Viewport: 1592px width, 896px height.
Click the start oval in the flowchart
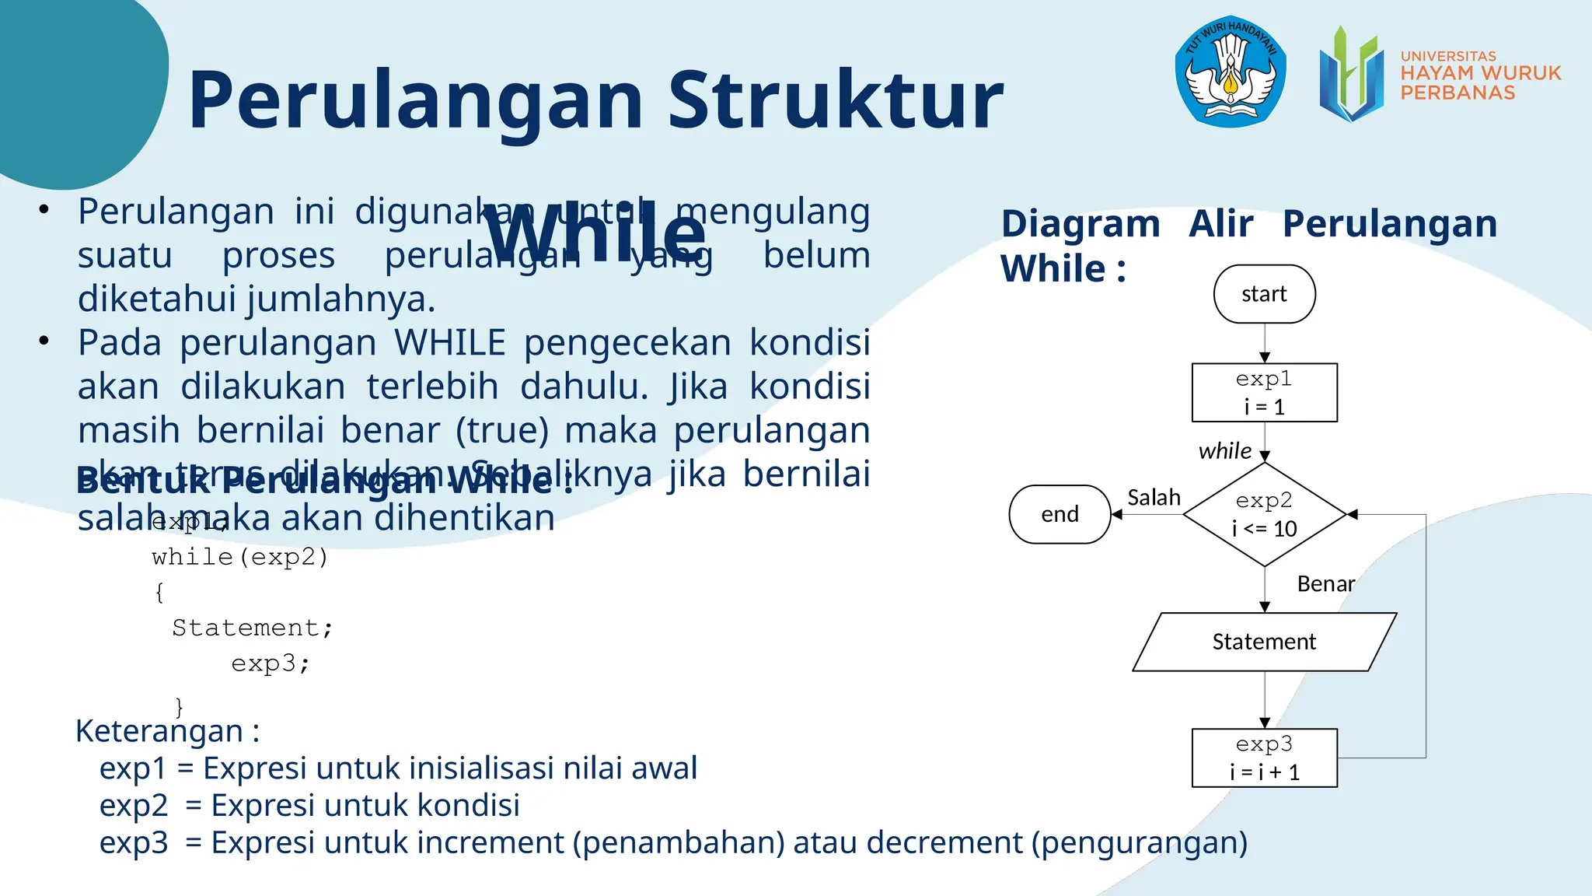click(x=1264, y=294)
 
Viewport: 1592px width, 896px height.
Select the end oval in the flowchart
click(x=1060, y=514)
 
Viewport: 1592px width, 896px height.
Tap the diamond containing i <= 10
click(x=1264, y=515)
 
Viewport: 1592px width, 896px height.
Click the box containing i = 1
click(x=1264, y=393)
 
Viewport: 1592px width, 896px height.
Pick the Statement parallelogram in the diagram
click(x=1264, y=642)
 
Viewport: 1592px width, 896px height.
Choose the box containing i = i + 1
click(x=1264, y=758)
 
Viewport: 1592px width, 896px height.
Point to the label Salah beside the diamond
click(x=1154, y=498)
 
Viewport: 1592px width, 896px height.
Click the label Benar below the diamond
click(x=1325, y=584)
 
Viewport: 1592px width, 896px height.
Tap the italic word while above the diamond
click(x=1224, y=451)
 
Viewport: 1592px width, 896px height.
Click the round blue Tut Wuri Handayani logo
click(x=1230, y=72)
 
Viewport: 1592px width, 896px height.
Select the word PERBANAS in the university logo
click(x=1458, y=93)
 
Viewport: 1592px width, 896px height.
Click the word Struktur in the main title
click(x=836, y=101)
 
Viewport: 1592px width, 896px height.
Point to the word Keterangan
click(x=159, y=731)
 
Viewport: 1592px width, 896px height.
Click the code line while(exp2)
click(x=240, y=557)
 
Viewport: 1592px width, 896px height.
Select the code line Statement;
click(x=253, y=628)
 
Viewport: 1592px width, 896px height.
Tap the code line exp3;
click(x=271, y=663)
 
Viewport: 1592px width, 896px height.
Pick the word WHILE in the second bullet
click(x=449, y=343)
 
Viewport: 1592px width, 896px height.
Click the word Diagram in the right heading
click(x=1081, y=224)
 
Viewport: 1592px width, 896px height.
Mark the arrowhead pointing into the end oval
click(x=1117, y=514)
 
